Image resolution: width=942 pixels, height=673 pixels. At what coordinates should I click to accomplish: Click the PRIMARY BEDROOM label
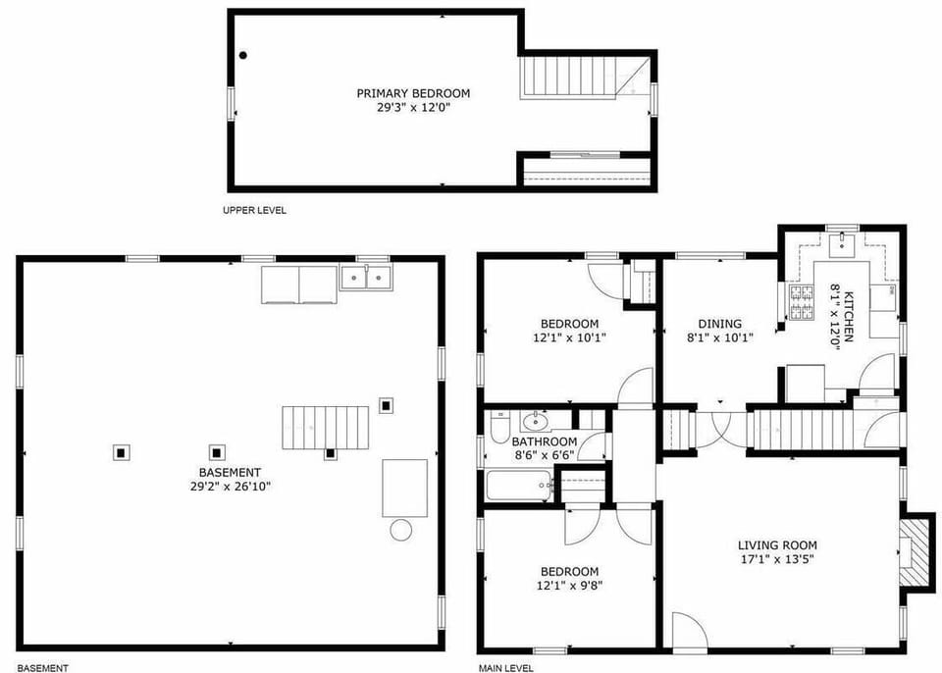(413, 93)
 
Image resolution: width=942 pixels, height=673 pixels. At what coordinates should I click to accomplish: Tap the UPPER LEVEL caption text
(255, 210)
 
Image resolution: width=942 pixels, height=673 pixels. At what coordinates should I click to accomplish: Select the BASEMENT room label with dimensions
(231, 479)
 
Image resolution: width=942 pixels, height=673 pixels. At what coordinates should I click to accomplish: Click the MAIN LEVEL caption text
(505, 668)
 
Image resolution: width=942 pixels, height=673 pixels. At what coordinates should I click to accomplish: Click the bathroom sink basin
(536, 423)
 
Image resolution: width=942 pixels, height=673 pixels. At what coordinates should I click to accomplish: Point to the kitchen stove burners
(802, 302)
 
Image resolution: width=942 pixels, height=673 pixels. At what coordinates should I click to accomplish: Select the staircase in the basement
(325, 428)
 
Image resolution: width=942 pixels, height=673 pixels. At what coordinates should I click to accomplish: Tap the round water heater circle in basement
(400, 531)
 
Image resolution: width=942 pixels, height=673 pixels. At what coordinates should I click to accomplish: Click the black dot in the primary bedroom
(243, 56)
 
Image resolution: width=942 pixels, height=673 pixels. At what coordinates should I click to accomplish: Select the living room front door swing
(688, 631)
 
